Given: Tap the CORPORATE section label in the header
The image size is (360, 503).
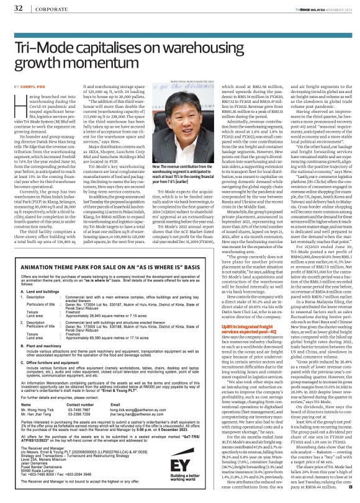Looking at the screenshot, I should pyautogui.click(x=43, y=8).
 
